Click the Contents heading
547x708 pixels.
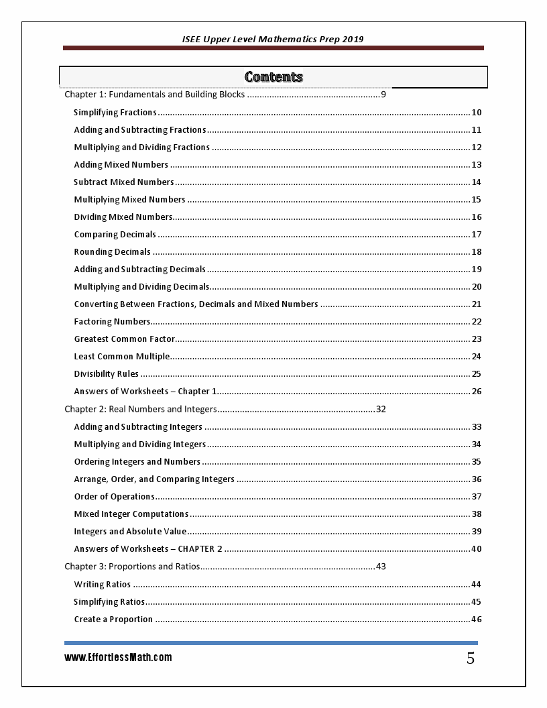click(273, 77)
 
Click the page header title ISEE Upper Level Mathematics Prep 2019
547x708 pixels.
click(273, 40)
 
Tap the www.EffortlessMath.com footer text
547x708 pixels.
click(118, 658)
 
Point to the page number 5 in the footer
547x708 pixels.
click(471, 658)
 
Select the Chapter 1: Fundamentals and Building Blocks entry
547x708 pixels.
click(154, 95)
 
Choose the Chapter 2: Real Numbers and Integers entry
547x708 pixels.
click(141, 409)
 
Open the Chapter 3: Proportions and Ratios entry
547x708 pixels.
click(132, 567)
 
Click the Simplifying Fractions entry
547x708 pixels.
click(115, 113)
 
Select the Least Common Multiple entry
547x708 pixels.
click(122, 357)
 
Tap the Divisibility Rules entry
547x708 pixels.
click(107, 374)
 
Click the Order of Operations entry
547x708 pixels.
click(115, 497)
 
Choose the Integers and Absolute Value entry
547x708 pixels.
click(130, 532)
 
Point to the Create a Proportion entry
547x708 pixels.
click(113, 619)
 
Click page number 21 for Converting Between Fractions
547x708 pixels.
click(477, 304)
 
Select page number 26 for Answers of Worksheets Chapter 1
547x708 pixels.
click(477, 392)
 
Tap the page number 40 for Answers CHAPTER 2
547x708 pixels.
click(477, 549)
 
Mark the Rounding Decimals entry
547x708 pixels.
click(113, 252)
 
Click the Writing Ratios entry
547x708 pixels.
click(103, 585)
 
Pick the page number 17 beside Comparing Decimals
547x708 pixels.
click(477, 235)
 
